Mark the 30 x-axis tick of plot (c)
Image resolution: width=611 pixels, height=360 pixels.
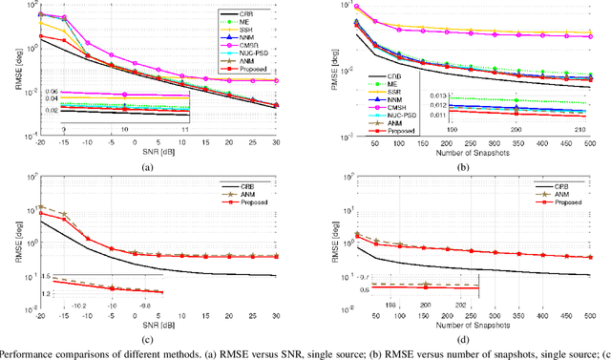277,315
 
